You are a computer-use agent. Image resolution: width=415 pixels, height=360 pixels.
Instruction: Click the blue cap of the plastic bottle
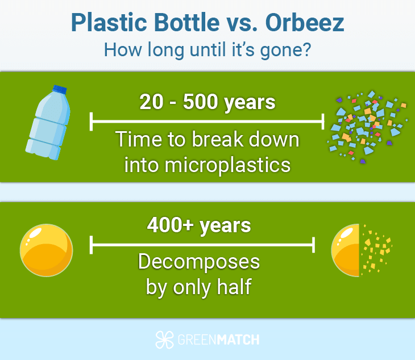coord(60,89)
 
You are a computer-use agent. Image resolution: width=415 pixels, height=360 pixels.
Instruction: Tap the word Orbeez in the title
coord(305,23)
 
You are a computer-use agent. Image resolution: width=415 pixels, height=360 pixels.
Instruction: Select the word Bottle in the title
coord(187,23)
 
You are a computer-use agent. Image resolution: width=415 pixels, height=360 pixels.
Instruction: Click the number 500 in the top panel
coord(200,102)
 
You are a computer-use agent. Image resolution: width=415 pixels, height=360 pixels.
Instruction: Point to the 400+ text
coord(171,225)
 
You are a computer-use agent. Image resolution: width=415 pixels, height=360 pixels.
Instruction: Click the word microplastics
coord(208,165)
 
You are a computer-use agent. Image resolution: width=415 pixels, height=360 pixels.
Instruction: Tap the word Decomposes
coord(199,262)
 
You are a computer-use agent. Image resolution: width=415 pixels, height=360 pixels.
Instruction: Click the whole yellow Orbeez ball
coord(46,250)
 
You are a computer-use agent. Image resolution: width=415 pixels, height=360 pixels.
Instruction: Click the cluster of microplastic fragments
coord(367,127)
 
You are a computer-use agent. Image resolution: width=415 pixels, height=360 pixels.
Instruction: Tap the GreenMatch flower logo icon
coord(164,340)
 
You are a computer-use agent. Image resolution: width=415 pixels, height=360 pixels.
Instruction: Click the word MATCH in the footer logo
coord(238,340)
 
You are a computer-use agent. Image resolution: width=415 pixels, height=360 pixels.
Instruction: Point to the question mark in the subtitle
coord(307,49)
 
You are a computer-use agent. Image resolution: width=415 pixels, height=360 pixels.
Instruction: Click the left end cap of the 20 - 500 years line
coord(92,122)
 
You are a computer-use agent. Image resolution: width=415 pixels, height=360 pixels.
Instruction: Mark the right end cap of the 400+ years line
coord(313,245)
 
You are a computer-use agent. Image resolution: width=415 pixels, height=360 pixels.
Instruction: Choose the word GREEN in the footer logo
coord(197,340)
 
